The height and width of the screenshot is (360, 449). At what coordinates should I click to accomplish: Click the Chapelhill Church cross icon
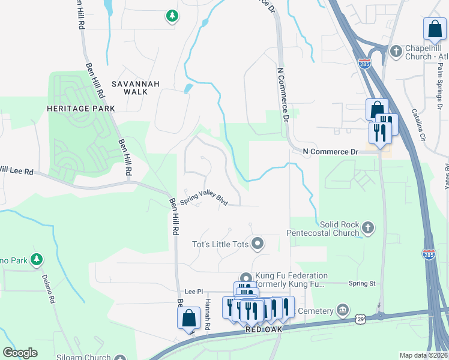click(396, 52)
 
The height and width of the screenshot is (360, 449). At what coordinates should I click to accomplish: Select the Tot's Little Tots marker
click(258, 243)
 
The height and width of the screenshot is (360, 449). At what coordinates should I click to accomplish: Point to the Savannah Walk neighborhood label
click(135, 88)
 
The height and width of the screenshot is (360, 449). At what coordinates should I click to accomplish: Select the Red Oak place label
click(263, 330)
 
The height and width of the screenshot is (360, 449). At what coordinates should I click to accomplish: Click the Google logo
click(20, 353)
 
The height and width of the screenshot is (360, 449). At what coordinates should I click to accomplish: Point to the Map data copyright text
click(424, 355)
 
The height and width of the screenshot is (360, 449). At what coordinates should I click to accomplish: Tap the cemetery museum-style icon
click(342, 310)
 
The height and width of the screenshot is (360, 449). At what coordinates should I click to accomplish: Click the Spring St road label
click(361, 283)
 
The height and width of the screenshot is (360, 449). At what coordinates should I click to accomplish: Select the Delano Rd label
click(49, 287)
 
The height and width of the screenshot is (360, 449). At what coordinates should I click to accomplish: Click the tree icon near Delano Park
click(37, 259)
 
